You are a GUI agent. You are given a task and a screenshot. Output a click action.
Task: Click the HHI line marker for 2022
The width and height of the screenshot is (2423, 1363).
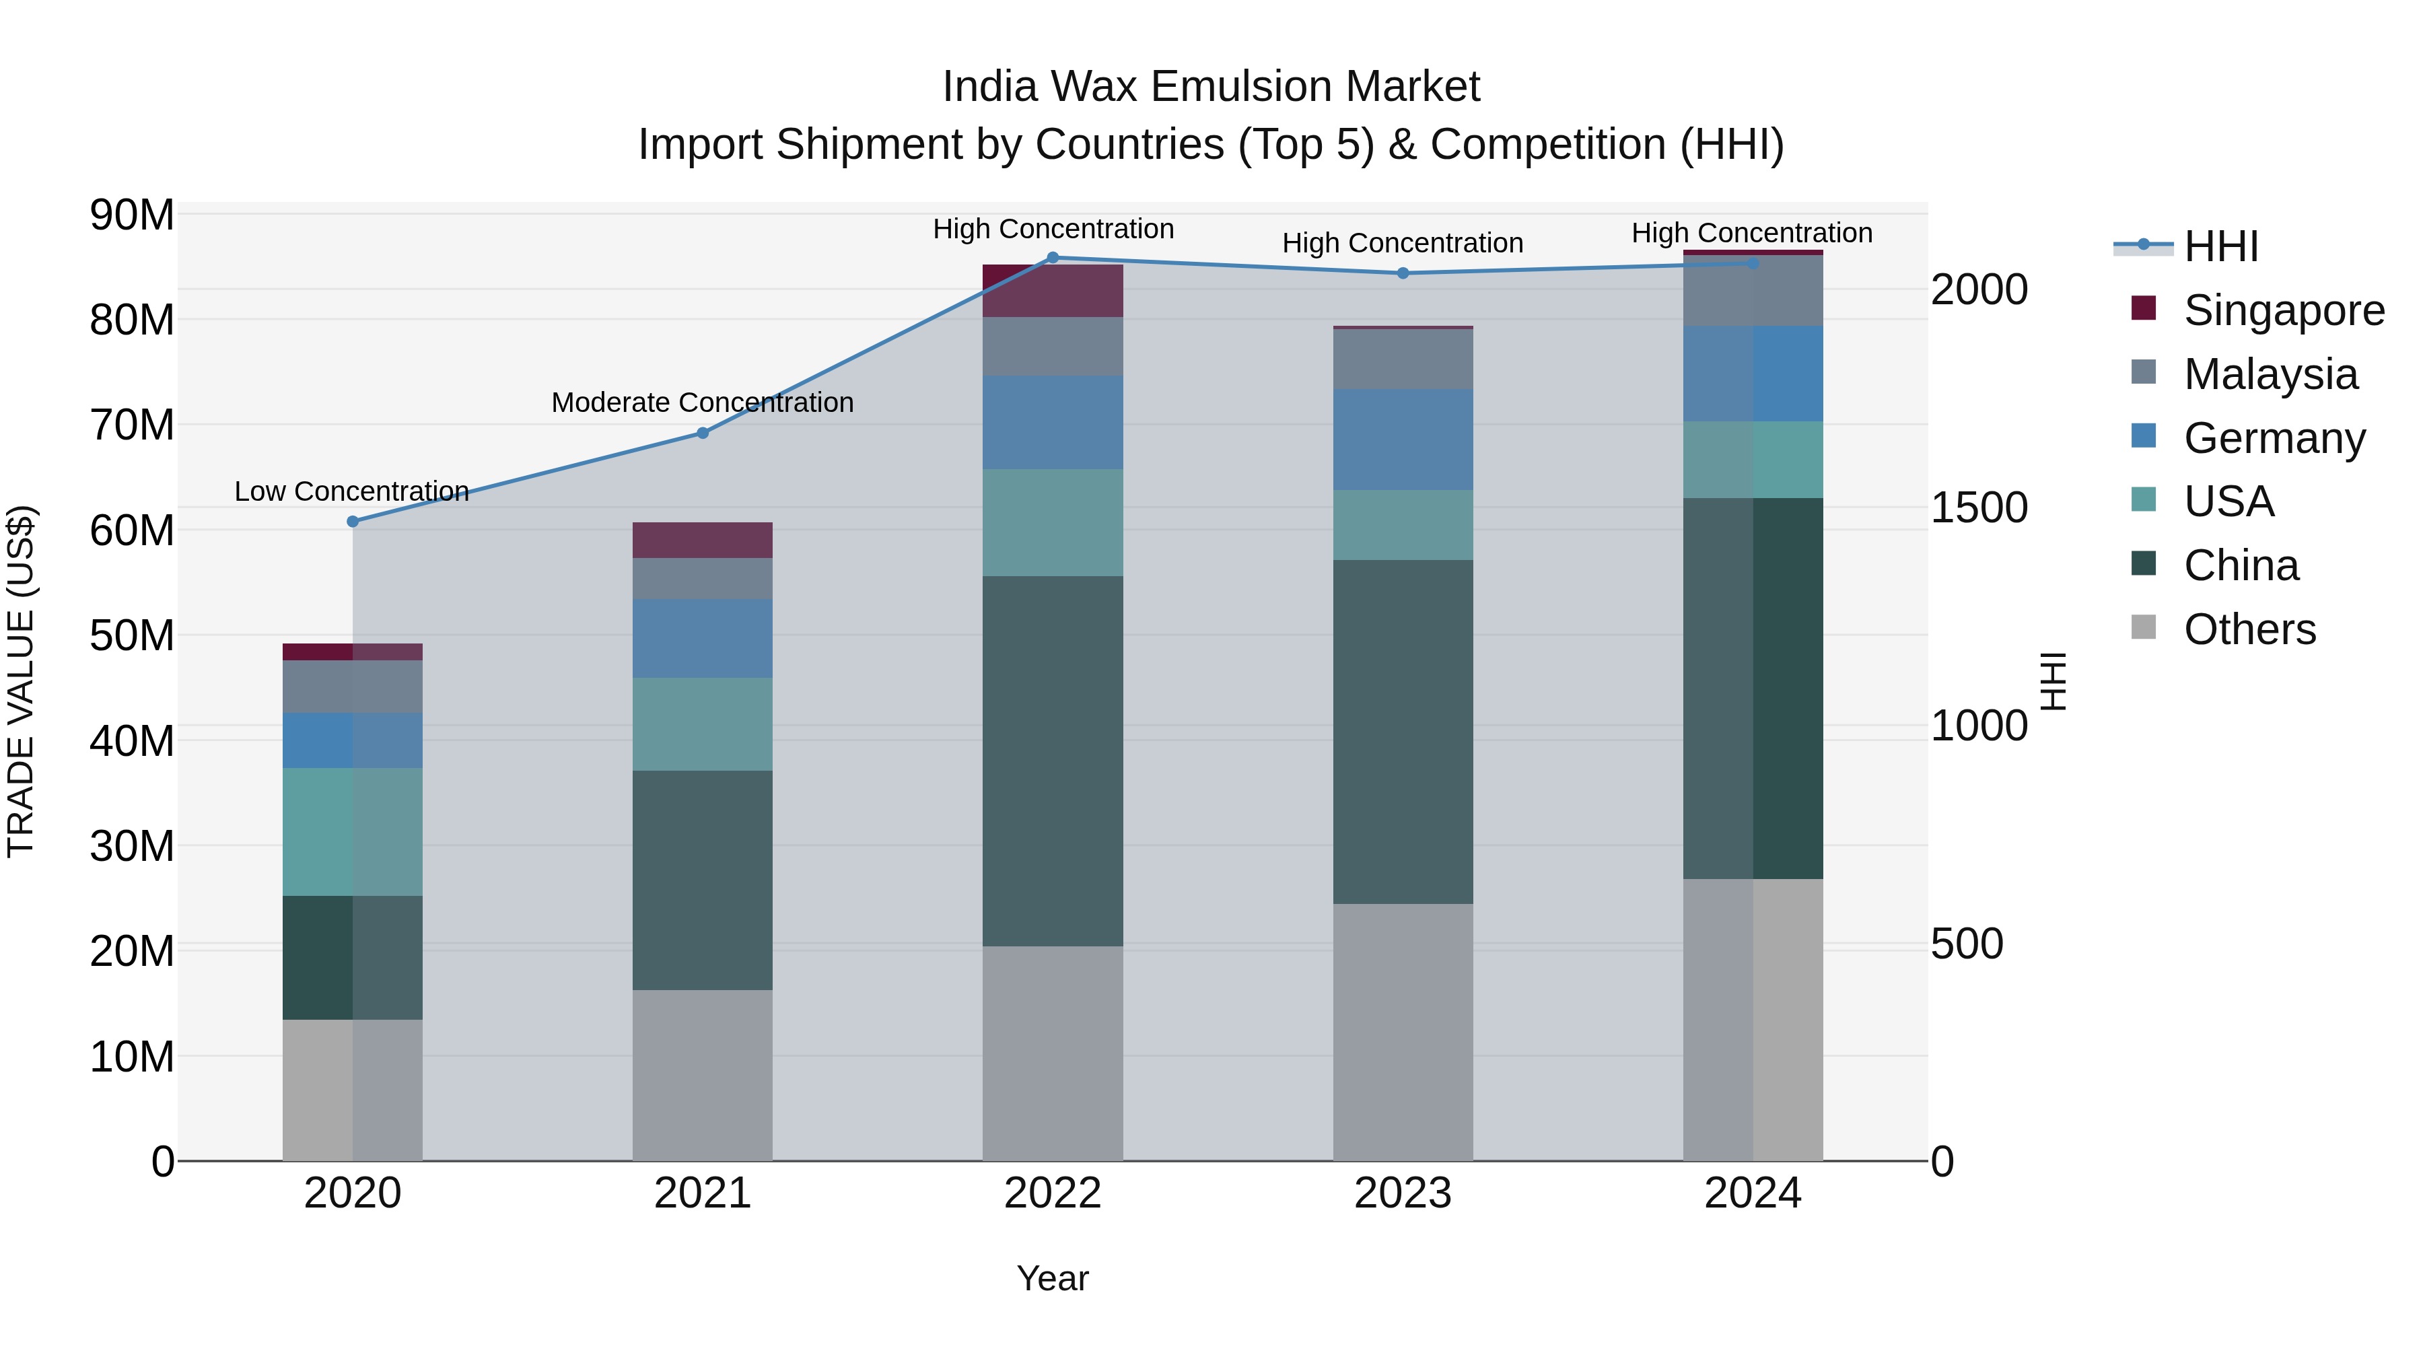pyautogui.click(x=1053, y=258)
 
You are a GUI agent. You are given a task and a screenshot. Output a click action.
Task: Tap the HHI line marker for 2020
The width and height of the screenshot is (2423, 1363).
pyautogui.click(x=353, y=521)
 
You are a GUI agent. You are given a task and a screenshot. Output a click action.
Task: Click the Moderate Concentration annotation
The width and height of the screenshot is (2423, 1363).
pyautogui.click(x=702, y=403)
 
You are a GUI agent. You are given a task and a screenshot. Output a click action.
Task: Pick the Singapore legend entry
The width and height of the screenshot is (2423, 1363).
pyautogui.click(x=2283, y=310)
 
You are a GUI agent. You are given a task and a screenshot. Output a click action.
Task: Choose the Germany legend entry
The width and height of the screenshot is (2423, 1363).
pyautogui.click(x=2274, y=438)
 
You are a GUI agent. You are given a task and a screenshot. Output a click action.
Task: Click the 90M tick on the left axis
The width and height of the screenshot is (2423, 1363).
pyautogui.click(x=132, y=215)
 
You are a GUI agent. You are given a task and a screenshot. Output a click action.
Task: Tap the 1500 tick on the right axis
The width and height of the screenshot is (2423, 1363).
pyautogui.click(x=1979, y=508)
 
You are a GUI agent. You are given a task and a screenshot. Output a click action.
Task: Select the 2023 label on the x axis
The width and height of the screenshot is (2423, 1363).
pyautogui.click(x=1403, y=1193)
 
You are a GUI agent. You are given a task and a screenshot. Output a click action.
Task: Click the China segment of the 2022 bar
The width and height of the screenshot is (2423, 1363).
pyautogui.click(x=1053, y=761)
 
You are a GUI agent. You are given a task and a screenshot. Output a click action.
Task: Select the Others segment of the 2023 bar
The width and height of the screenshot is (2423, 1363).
pyautogui.click(x=1403, y=1032)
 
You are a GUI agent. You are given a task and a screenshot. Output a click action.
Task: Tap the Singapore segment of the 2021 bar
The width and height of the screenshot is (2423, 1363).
pyautogui.click(x=702, y=540)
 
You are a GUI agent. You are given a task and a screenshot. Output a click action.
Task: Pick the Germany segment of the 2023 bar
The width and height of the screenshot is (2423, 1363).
pyautogui.click(x=1403, y=440)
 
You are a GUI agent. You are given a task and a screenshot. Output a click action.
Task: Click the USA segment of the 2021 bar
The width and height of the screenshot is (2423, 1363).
pyautogui.click(x=702, y=724)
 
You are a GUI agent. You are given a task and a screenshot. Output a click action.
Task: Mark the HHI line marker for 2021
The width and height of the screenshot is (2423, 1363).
pyautogui.click(x=702, y=433)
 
